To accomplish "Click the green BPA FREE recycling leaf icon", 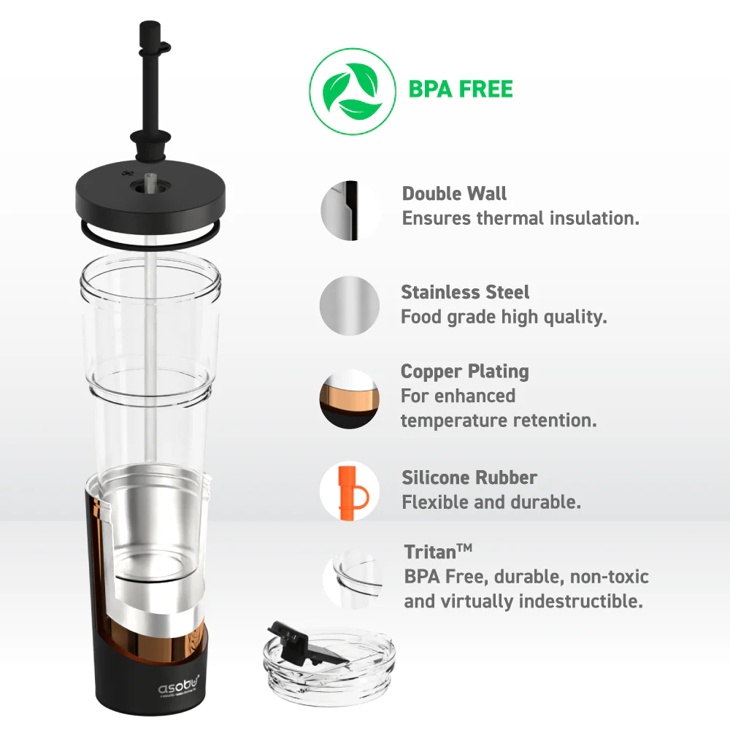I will coord(348,91).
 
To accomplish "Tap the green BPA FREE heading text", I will coord(460,90).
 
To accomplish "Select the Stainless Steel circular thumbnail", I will coord(349,305).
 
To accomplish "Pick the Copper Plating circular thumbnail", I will coord(349,399).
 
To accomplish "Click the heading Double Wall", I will coord(454,194).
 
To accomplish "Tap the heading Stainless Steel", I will coord(465,292).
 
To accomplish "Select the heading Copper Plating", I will coord(464,372).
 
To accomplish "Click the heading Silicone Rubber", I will coord(469,478).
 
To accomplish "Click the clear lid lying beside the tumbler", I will coord(328,668).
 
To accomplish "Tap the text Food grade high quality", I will coord(504,317).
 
